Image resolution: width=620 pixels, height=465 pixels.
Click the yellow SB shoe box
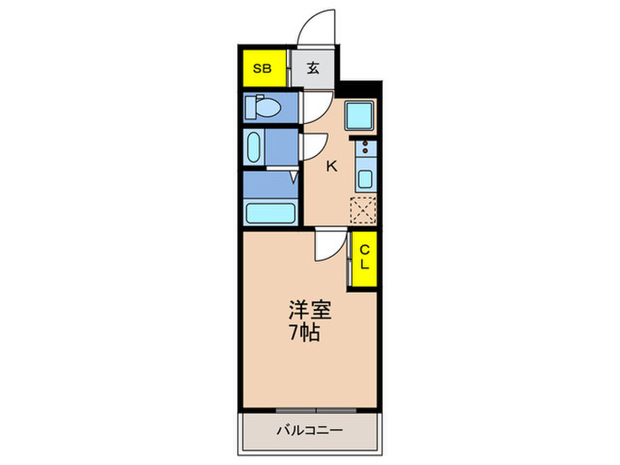click(x=262, y=68)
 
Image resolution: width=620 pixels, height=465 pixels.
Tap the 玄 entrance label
click(x=314, y=68)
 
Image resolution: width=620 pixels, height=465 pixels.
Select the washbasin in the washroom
click(x=253, y=147)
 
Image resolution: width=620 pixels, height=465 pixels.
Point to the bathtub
click(x=269, y=213)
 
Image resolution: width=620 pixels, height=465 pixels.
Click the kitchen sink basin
click(x=364, y=177)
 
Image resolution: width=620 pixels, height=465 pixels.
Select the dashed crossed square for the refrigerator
click(x=363, y=211)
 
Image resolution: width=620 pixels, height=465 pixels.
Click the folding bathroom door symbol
click(x=293, y=178)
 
